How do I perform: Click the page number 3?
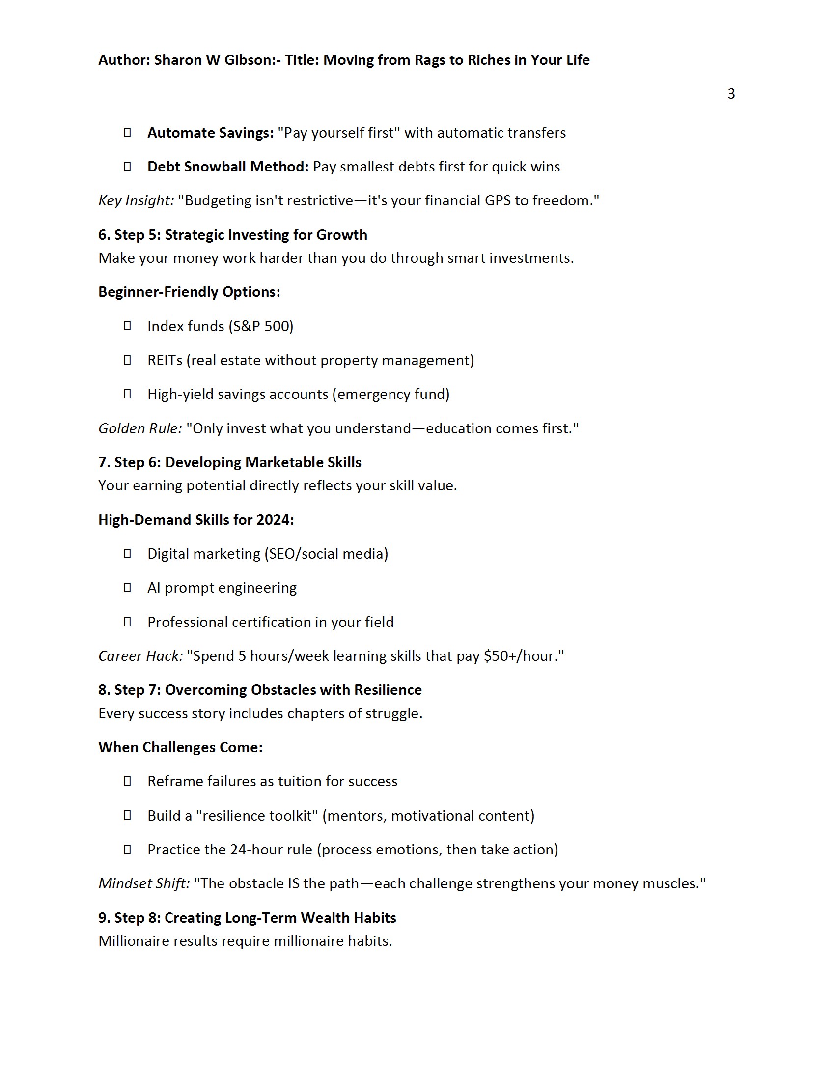click(731, 93)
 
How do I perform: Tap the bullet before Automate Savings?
click(127, 132)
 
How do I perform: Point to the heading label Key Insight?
click(136, 200)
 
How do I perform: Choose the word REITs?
click(165, 360)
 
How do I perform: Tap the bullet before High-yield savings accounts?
click(127, 394)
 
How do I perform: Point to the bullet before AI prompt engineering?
click(127, 588)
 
